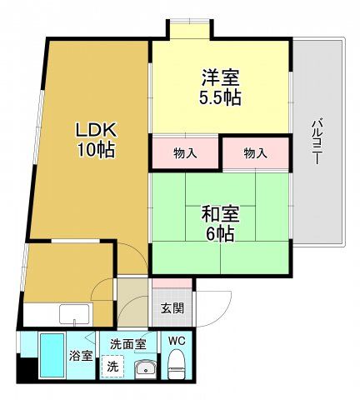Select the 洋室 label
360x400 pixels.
220,78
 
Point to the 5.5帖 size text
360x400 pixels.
220,97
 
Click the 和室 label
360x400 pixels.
220,213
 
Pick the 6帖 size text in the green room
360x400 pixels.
220,233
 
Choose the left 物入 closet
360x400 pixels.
185,153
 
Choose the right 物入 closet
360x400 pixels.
255,153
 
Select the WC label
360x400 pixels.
176,340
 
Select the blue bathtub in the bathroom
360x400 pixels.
52,356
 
